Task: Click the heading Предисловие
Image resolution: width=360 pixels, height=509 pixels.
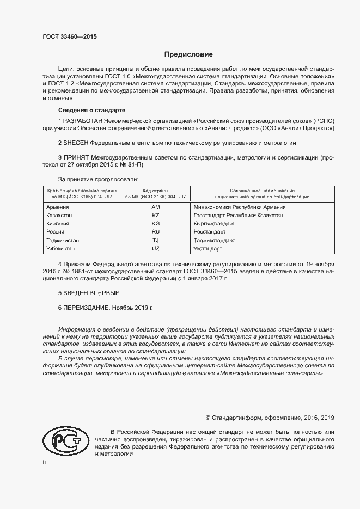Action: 188,55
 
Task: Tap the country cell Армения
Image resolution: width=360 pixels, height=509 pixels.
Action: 58,207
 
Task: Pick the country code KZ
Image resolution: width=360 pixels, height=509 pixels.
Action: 156,216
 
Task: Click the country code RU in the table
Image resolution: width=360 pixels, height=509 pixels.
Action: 156,232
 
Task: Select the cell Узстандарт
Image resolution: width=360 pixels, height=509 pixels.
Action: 208,248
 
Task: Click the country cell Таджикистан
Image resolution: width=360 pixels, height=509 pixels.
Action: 63,240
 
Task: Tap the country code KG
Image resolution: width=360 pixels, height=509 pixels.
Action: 156,224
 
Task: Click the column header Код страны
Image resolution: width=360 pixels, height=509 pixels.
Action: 156,191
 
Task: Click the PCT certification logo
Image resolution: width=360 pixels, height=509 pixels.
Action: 65,440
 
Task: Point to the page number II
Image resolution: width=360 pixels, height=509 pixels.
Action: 45,462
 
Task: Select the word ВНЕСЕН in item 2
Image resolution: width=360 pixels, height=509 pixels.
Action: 77,143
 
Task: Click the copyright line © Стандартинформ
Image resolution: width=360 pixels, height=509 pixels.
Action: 269,418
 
